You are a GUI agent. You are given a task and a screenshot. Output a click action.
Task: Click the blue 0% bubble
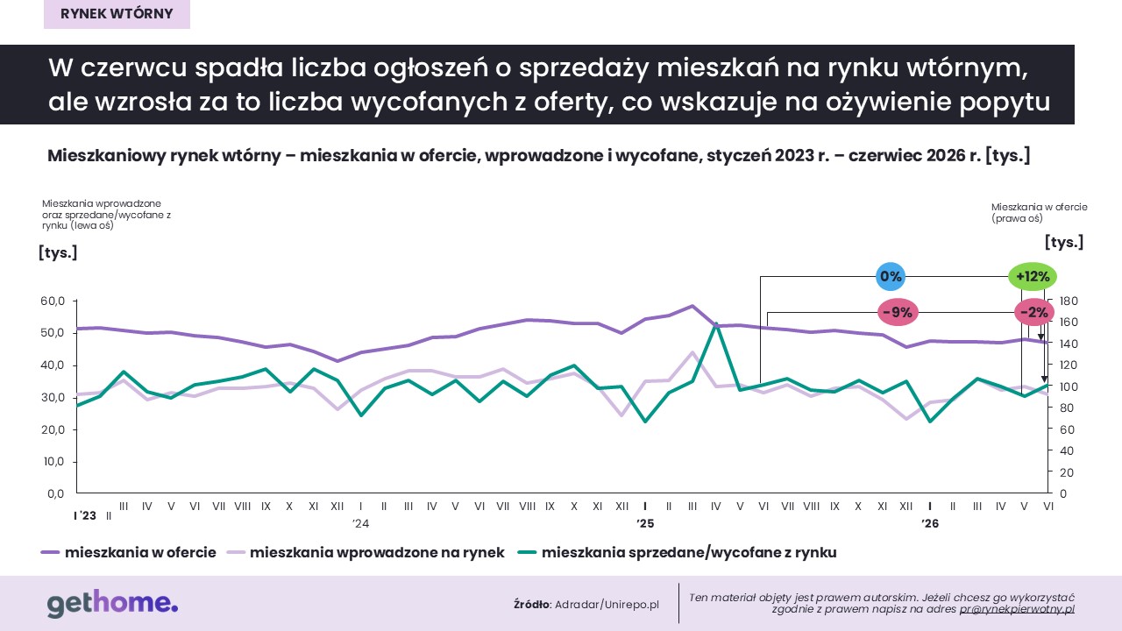coord(890,276)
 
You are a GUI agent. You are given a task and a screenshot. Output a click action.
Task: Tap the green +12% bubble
coord(1033,276)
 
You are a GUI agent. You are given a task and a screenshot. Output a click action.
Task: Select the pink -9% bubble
coord(898,313)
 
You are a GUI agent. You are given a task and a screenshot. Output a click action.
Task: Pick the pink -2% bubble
coord(1033,313)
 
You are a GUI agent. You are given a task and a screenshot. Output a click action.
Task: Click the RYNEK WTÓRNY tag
coord(117,14)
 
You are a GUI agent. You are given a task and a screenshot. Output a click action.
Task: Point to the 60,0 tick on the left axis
coord(53,301)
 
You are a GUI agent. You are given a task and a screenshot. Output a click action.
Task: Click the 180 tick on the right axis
coord(1069,301)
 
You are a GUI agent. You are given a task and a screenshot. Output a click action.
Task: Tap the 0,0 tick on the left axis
coord(55,493)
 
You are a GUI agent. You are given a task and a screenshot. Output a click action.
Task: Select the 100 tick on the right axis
coord(1069,386)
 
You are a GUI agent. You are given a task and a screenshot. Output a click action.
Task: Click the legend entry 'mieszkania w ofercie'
coord(129,552)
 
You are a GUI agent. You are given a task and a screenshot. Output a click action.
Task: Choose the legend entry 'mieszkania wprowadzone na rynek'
coord(366,552)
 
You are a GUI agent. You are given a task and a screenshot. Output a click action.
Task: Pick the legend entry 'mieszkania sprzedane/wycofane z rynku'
coord(677,552)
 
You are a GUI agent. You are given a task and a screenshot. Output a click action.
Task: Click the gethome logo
coord(113,603)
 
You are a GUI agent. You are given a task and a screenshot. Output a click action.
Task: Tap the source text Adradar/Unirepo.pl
coord(607,605)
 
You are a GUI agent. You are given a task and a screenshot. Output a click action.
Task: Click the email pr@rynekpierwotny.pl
coord(1017,609)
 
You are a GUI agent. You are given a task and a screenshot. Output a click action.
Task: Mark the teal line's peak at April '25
coord(716,323)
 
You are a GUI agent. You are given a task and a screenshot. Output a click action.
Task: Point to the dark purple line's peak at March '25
coord(692,306)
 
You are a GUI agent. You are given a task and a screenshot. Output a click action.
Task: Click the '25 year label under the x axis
coord(645,523)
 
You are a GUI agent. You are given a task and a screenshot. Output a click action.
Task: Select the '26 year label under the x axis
coord(930,523)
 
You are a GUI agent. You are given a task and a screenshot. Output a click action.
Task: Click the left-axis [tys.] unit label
coord(58,252)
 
